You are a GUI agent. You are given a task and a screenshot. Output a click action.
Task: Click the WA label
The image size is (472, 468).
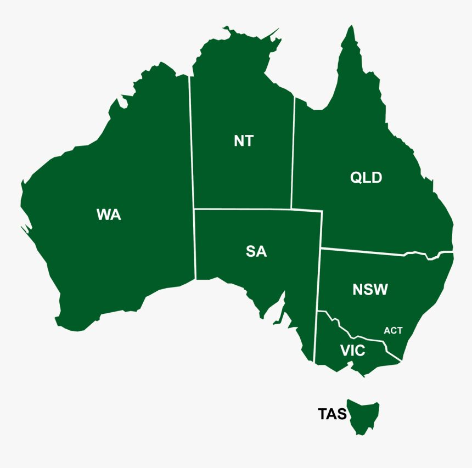point(108,215)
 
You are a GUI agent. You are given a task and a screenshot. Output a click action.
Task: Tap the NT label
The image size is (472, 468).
point(244,141)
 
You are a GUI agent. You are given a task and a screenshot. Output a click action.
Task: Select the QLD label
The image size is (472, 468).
point(366,178)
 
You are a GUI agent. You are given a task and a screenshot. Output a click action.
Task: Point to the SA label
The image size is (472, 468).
point(256,251)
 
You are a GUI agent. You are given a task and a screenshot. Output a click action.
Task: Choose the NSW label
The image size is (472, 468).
point(370,290)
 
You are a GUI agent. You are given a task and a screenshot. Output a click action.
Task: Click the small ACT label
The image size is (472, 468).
point(393,330)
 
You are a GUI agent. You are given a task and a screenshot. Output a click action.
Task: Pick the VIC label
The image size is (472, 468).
point(352,351)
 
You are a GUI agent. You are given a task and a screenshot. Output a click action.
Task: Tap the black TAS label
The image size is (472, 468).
point(333,414)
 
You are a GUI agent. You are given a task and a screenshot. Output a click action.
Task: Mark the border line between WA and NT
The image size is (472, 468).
point(192,143)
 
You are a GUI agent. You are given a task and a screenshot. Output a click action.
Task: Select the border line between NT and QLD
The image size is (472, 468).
point(293,154)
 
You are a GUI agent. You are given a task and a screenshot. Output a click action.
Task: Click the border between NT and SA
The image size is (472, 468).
point(241,209)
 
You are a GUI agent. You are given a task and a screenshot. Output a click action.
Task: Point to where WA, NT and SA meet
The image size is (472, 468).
point(194,208)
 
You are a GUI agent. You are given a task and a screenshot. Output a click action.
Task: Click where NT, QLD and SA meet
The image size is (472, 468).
point(291,209)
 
